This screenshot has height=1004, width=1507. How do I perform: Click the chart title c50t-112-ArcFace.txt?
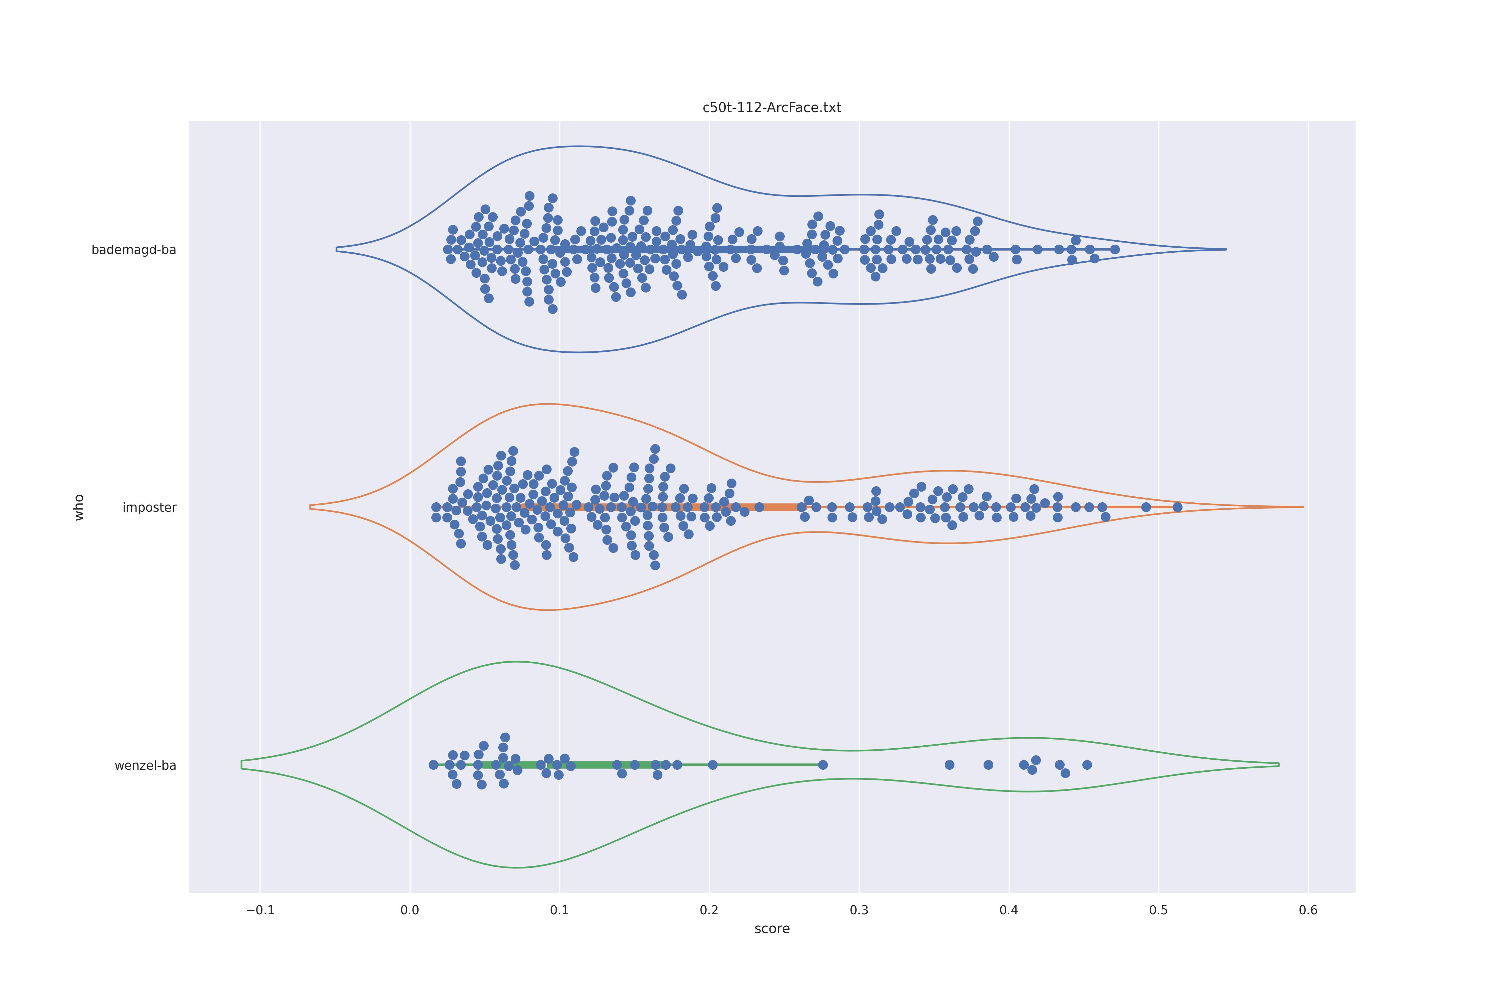[772, 107]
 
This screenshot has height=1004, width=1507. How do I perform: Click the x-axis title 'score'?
[772, 928]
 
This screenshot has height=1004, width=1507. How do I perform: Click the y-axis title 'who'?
[79, 507]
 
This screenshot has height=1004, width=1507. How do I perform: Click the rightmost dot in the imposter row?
[1177, 507]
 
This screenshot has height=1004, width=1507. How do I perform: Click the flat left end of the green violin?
[241, 764]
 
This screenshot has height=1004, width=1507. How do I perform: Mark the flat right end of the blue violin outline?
[1225, 249]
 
